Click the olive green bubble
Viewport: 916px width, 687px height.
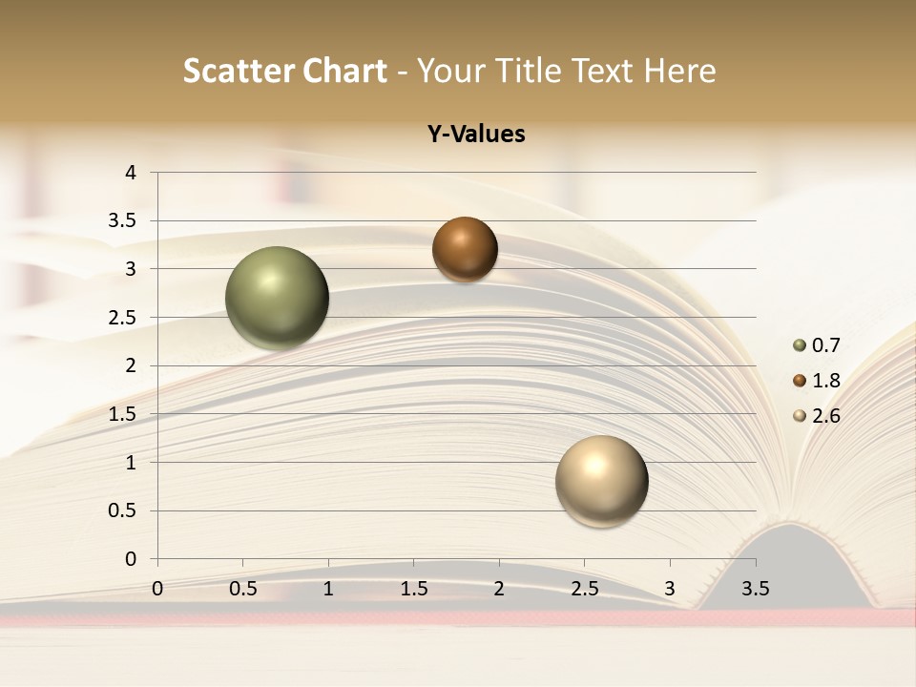(277, 298)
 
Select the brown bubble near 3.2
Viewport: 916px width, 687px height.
(465, 249)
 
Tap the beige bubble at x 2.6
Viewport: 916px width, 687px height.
(601, 480)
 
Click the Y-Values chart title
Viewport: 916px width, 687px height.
(476, 134)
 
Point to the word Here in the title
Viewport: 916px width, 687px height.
(679, 71)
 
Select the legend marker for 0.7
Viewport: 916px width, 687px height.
(800, 345)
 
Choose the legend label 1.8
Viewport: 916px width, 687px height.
(827, 381)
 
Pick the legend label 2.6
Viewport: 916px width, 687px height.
(827, 416)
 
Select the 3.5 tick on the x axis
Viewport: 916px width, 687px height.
(755, 589)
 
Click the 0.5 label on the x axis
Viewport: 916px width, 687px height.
(243, 589)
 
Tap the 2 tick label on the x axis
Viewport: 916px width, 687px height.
(499, 589)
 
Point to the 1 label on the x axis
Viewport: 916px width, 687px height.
(328, 589)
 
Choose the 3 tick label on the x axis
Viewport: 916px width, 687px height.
(670, 589)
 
